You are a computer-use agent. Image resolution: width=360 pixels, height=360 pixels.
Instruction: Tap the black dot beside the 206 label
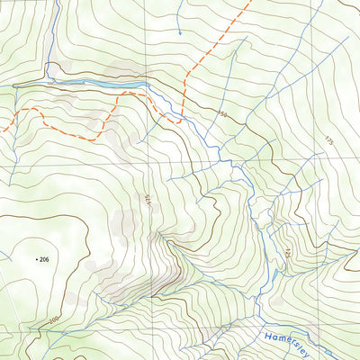click(37, 259)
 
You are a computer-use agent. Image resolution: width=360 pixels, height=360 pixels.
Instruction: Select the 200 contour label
click(54, 319)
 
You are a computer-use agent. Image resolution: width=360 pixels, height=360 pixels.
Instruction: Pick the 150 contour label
click(222, 114)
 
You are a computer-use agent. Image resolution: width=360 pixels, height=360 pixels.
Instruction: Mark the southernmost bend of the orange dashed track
click(93, 139)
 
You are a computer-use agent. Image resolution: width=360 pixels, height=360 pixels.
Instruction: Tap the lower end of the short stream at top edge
click(179, 34)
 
